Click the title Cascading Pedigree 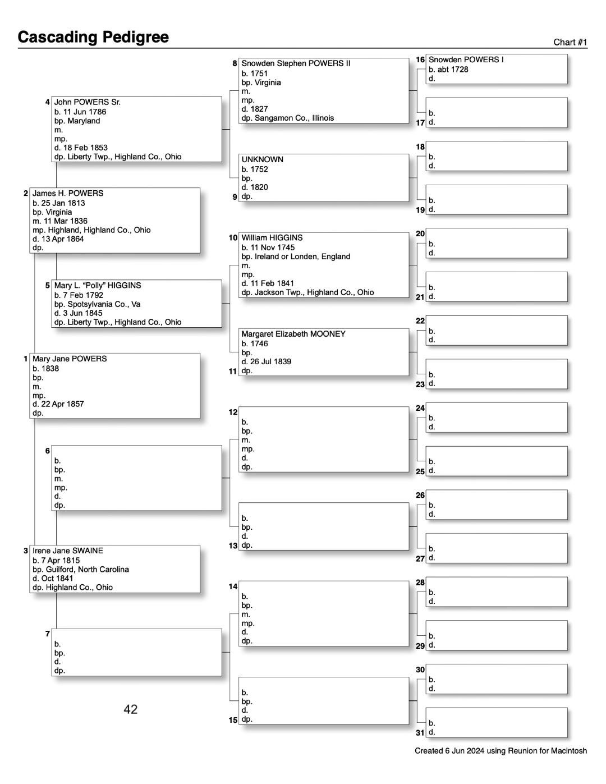(x=93, y=37)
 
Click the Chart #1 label (x=570, y=42)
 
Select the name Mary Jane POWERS (x=70, y=359)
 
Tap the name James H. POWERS (x=68, y=193)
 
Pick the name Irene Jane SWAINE (x=68, y=551)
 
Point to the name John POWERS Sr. (x=87, y=102)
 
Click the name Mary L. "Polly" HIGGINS (x=98, y=285)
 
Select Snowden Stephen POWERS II (x=296, y=63)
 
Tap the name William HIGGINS (x=272, y=237)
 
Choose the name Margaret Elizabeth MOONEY (x=293, y=334)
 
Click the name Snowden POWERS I (x=466, y=59)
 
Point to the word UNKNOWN (x=263, y=159)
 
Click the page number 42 (x=131, y=709)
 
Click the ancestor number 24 (x=420, y=408)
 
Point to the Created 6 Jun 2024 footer (x=501, y=751)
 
